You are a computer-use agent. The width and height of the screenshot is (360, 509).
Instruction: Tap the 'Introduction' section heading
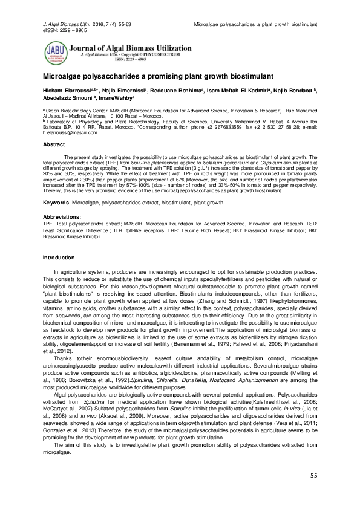tap(58, 258)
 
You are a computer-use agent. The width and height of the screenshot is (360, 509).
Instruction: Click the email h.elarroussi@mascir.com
tap(67, 132)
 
